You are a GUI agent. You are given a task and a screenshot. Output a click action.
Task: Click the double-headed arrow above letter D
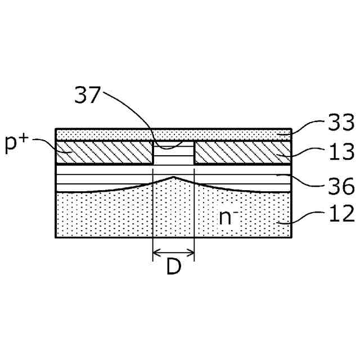(x=173, y=253)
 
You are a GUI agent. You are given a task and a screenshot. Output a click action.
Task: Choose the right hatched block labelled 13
(x=242, y=152)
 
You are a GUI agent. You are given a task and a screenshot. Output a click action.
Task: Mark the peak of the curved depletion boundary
(x=174, y=177)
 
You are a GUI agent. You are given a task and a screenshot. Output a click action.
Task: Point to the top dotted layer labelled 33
(x=173, y=134)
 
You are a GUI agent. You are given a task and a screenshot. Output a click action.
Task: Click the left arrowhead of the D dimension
(x=155, y=253)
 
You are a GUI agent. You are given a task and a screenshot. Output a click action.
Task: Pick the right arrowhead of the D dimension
(x=192, y=253)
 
